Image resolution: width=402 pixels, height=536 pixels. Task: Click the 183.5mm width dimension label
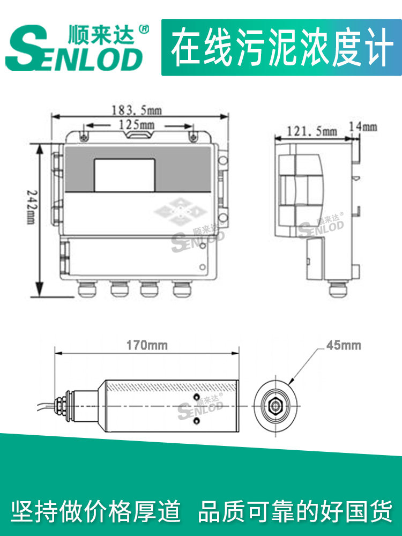tap(137, 110)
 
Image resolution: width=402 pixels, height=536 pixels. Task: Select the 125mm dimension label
tap(136, 125)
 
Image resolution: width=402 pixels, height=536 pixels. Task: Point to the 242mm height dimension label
tap(31, 207)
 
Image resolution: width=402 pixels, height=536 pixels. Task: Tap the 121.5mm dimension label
tap(311, 131)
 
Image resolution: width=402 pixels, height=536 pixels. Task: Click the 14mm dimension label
tap(363, 127)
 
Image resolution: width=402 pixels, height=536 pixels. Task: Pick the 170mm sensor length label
tap(147, 345)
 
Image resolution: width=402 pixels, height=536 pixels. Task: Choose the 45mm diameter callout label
tap(344, 345)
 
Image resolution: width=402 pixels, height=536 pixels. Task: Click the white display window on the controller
tap(124, 175)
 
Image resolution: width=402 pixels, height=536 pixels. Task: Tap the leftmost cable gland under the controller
tap(87, 288)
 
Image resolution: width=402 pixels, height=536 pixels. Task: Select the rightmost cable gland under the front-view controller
tap(182, 288)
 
